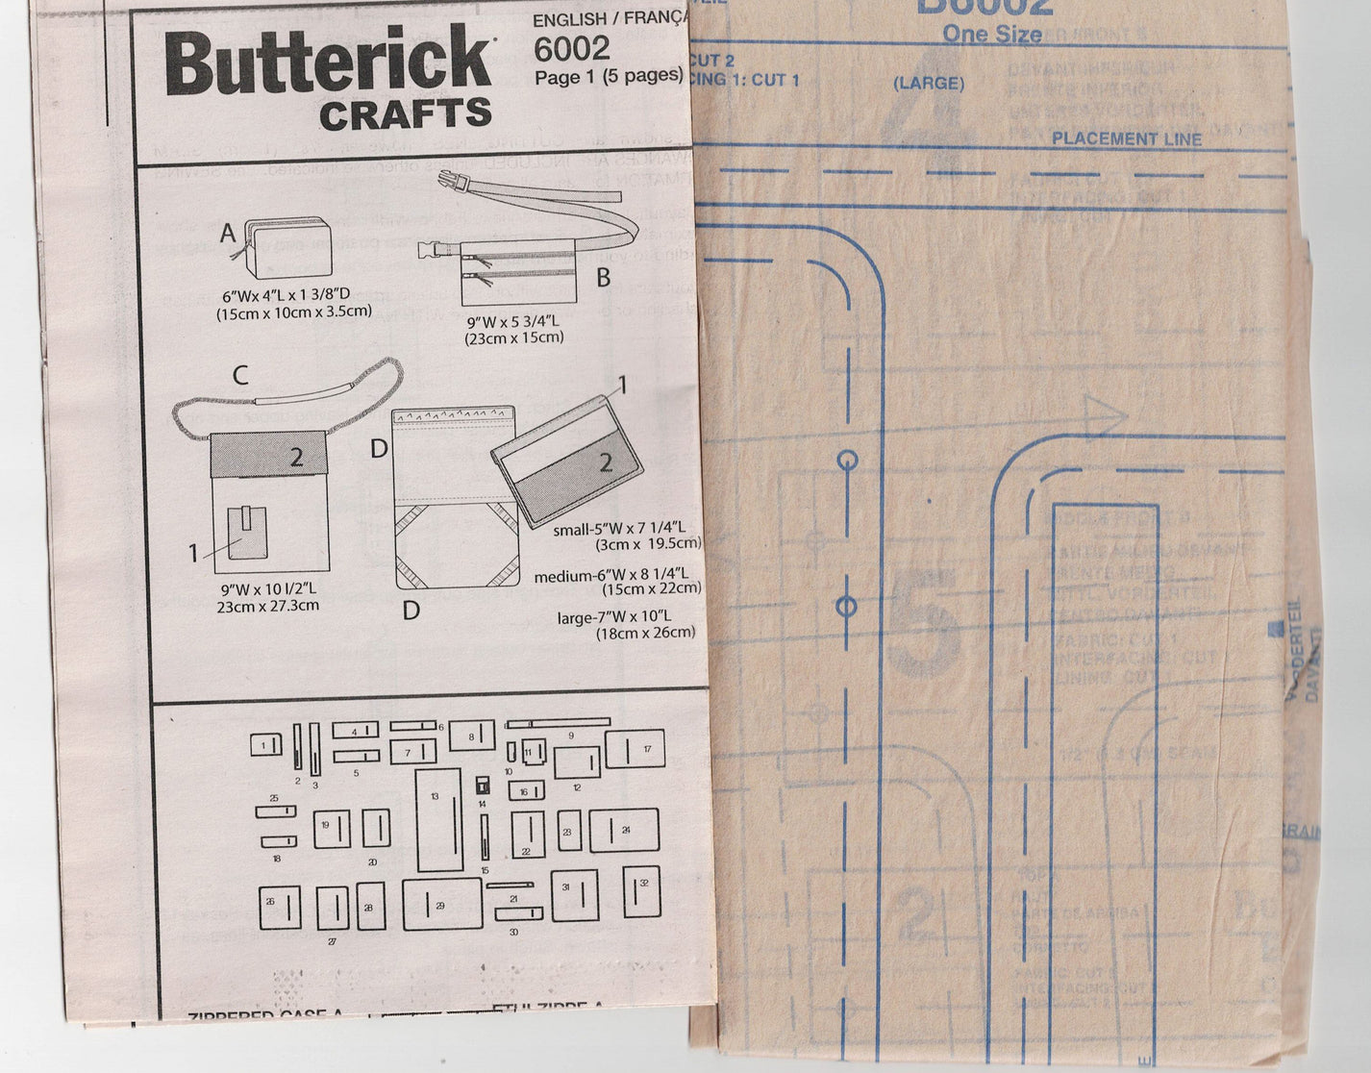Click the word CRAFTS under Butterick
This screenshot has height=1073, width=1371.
pos(405,115)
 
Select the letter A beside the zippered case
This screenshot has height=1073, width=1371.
pos(228,233)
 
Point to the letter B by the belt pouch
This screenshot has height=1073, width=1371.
pos(603,278)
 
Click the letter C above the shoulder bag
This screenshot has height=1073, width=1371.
pos(240,374)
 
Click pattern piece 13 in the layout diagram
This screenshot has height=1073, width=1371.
pos(437,819)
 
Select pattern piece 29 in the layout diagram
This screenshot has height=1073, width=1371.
pos(441,904)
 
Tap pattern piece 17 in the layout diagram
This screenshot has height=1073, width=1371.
pos(636,750)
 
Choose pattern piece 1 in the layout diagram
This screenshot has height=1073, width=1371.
pos(266,744)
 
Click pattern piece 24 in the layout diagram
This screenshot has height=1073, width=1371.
pos(624,831)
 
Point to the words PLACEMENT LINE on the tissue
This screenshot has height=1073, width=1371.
pos(1126,138)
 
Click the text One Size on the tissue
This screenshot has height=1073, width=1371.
pos(991,35)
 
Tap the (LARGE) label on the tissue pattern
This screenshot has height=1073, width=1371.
pos(928,84)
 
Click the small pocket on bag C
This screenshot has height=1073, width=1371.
pos(250,532)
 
